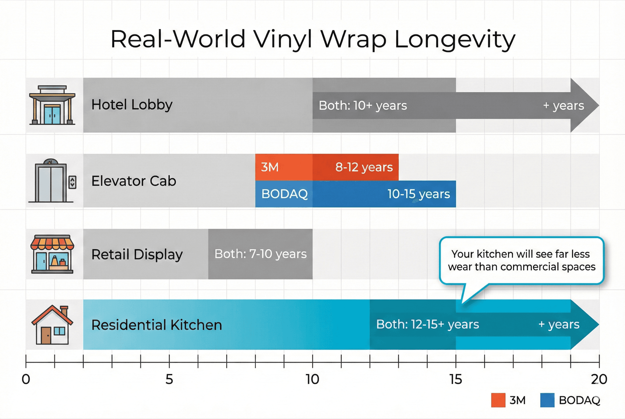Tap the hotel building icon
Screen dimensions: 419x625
point(52,105)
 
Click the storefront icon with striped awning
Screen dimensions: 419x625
point(52,254)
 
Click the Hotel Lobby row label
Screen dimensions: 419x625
point(132,105)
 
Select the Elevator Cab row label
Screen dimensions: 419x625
point(133,181)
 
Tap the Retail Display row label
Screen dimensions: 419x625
point(137,254)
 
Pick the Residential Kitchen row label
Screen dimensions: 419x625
point(157,325)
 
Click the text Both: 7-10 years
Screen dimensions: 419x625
point(260,254)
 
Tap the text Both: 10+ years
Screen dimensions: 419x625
point(363,105)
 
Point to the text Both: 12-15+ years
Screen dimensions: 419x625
point(427,324)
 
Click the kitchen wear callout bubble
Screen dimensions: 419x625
point(521,260)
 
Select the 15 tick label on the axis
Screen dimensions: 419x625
point(456,379)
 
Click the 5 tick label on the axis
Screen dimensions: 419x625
point(169,379)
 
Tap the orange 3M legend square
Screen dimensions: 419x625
point(498,400)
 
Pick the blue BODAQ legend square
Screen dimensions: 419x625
point(547,400)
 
